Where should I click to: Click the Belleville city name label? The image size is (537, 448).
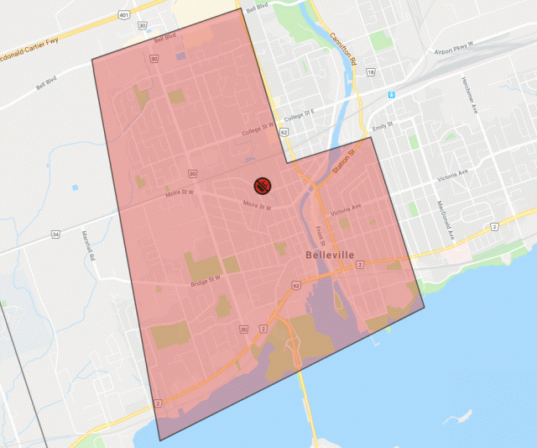pyautogui.click(x=331, y=254)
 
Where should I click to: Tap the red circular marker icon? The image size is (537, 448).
pyautogui.click(x=261, y=186)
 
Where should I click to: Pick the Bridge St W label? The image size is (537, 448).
pyautogui.click(x=205, y=278)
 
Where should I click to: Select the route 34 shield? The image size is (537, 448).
pyautogui.click(x=55, y=234)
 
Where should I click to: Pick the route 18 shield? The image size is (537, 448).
pyautogui.click(x=371, y=73)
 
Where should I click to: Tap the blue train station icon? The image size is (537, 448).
pyautogui.click(x=390, y=94)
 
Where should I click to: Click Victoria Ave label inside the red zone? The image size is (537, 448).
pyautogui.click(x=346, y=208)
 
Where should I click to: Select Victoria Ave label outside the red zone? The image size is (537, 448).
pyautogui.click(x=454, y=176)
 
